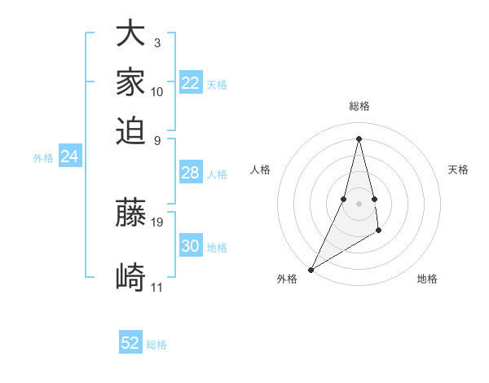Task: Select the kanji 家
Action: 130,81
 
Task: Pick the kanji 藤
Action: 130,212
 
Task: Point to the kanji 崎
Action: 130,277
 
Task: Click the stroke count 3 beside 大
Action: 156,42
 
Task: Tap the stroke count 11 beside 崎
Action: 156,287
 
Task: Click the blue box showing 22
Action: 191,83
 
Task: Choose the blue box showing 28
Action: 191,173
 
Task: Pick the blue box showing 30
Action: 191,246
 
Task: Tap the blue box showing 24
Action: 70,156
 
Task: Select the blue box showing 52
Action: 130,343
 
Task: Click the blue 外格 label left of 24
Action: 43,158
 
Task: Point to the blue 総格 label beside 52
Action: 156,345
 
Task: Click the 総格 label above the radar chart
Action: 359,106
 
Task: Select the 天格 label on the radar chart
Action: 458,169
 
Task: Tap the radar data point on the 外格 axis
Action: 311,269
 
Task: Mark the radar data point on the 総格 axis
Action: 359,138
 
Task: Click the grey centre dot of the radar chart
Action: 359,203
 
